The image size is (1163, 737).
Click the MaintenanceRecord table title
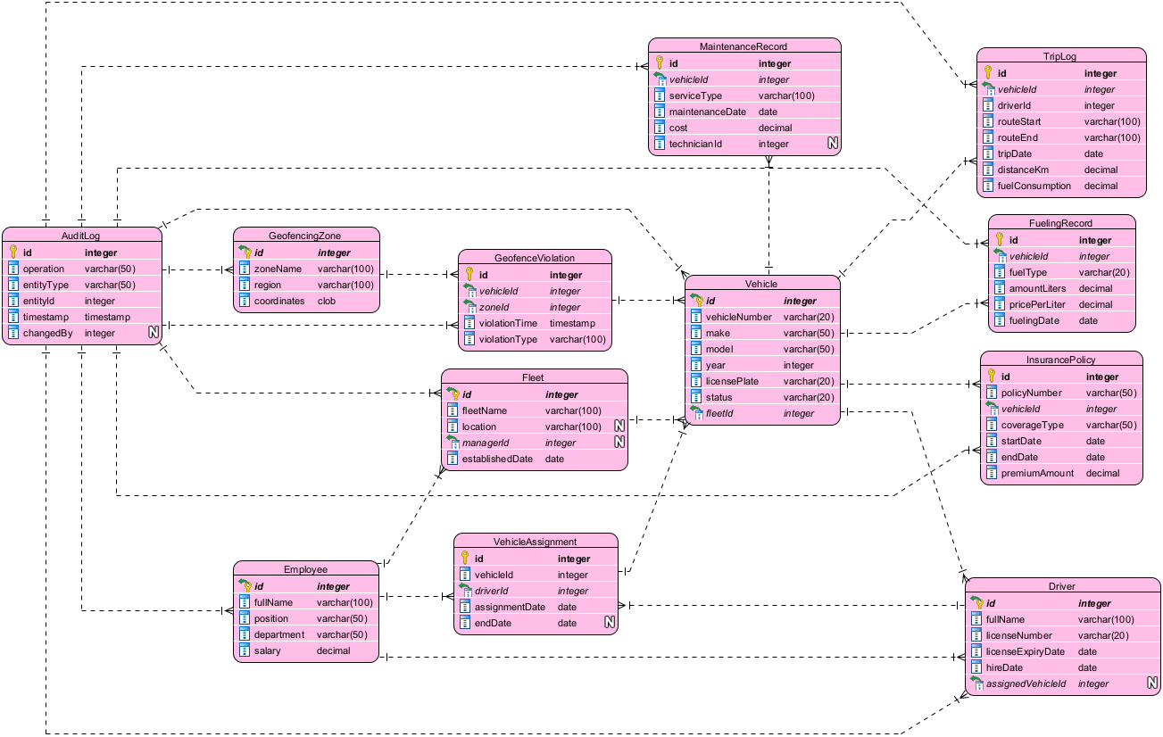pyautogui.click(x=744, y=46)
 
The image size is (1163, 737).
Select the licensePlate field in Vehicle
pyautogui.click(x=732, y=381)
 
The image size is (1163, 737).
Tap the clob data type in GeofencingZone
pyautogui.click(x=327, y=301)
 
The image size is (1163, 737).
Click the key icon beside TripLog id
pyautogui.click(x=988, y=73)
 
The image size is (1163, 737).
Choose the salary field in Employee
pyautogui.click(x=269, y=650)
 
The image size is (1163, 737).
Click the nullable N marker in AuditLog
pyautogui.click(x=154, y=333)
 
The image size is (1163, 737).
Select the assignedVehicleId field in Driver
pyautogui.click(x=1026, y=683)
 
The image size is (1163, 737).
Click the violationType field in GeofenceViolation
pyautogui.click(x=508, y=339)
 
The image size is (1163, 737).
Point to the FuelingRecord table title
pyautogui.click(x=1061, y=223)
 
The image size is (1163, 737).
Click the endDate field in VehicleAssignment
pyautogui.click(x=493, y=623)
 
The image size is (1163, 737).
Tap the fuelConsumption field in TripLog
pyautogui.click(x=1034, y=186)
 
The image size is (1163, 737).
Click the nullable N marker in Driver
pyautogui.click(x=1152, y=683)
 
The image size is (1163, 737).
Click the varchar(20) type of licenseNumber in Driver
pyautogui.click(x=1103, y=635)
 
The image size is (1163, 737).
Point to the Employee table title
pyautogui.click(x=305, y=569)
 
